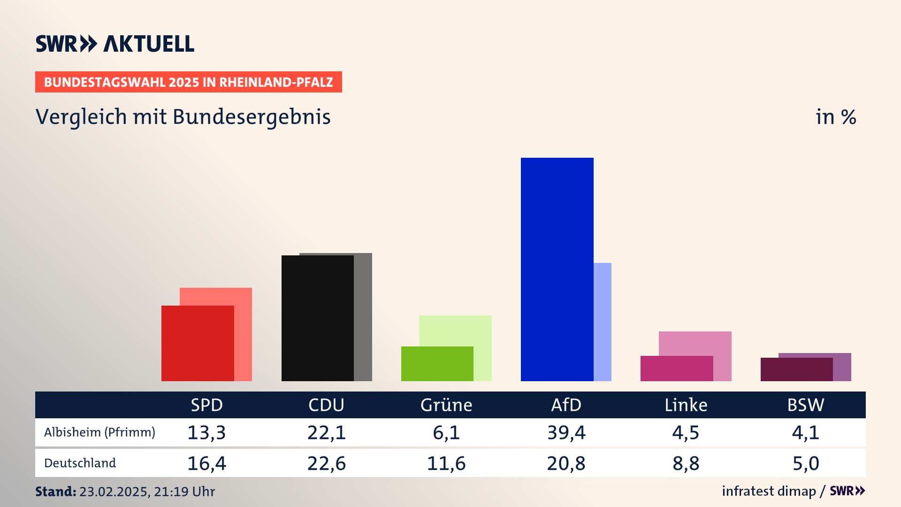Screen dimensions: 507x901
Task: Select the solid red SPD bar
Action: (x=198, y=343)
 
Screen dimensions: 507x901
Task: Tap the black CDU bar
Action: (x=317, y=318)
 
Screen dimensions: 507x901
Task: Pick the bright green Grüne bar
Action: (x=437, y=363)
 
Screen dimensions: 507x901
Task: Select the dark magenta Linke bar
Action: (x=676, y=368)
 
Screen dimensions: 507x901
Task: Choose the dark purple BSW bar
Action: (x=796, y=369)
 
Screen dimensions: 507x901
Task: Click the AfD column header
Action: (x=566, y=405)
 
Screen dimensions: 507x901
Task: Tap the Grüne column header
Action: (x=446, y=405)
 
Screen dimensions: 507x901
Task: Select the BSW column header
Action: (x=805, y=405)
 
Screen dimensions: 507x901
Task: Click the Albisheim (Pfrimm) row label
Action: (x=99, y=432)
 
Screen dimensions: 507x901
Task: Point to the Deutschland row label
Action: (x=80, y=463)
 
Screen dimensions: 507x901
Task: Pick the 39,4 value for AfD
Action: (x=566, y=432)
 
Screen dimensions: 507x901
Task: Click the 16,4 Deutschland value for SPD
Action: (x=206, y=463)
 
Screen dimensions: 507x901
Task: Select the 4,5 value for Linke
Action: (x=686, y=432)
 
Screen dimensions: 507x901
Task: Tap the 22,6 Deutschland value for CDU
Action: (x=326, y=463)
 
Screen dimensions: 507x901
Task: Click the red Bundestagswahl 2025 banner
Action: (x=188, y=82)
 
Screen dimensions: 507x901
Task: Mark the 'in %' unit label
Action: (x=836, y=117)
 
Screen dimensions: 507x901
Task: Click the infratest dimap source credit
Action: (x=769, y=491)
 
